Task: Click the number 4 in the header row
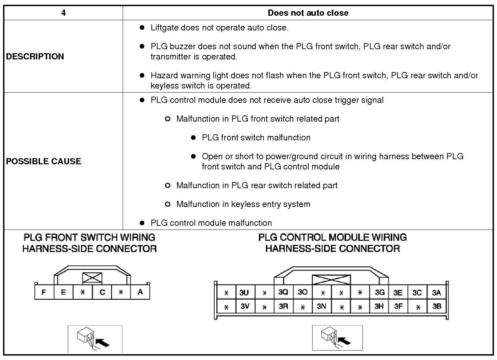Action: pyautogui.click(x=63, y=13)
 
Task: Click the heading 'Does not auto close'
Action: pyautogui.click(x=308, y=13)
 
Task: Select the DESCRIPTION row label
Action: pyautogui.click(x=35, y=56)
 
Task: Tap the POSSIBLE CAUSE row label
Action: pyautogui.click(x=43, y=161)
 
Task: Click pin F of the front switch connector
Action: pyautogui.click(x=44, y=292)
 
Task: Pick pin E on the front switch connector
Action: pyautogui.click(x=63, y=292)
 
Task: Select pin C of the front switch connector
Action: pyautogui.click(x=102, y=292)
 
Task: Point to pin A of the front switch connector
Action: pyautogui.click(x=140, y=292)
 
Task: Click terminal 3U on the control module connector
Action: pyautogui.click(x=244, y=293)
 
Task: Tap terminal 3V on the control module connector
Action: pyautogui.click(x=245, y=306)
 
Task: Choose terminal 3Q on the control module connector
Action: pyautogui.click(x=283, y=292)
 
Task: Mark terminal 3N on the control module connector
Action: pyautogui.click(x=321, y=306)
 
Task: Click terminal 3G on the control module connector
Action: pyautogui.click(x=379, y=292)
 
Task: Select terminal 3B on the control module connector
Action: pyautogui.click(x=437, y=306)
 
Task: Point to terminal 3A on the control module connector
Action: pyautogui.click(x=436, y=293)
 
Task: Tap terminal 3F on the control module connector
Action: pyautogui.click(x=398, y=306)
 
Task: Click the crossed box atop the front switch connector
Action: pyautogui.click(x=92, y=278)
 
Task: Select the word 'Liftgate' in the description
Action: pyautogui.click(x=164, y=28)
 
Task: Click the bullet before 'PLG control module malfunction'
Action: pyautogui.click(x=142, y=223)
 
